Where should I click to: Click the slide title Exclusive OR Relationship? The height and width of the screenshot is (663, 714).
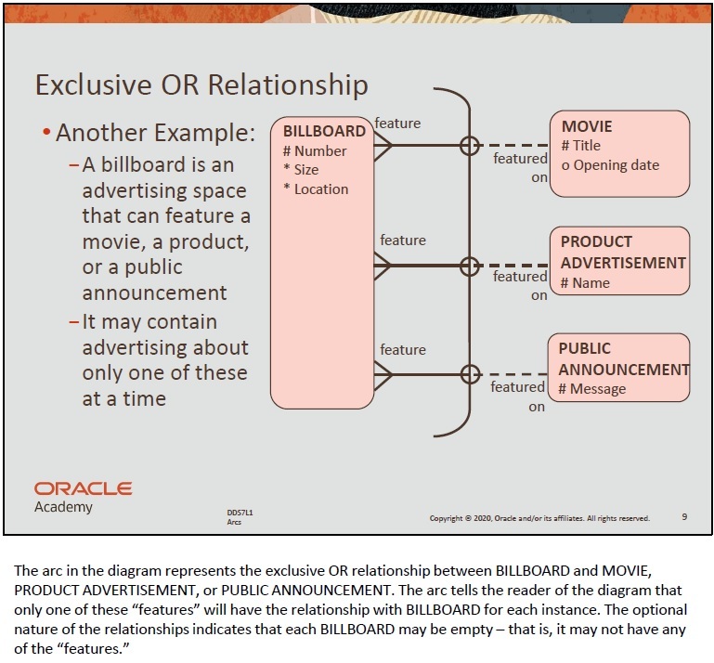[201, 84]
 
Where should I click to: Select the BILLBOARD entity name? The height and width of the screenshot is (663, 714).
[324, 131]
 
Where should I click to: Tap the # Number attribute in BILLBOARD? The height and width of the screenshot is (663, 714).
[315, 150]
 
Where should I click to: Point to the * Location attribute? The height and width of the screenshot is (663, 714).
[316, 188]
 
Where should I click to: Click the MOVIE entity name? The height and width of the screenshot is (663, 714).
[587, 126]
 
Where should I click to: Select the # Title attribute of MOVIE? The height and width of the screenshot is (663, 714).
[581, 146]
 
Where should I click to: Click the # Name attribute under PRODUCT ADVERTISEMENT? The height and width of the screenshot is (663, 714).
[585, 282]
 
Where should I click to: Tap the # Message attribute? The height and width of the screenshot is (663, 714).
[592, 389]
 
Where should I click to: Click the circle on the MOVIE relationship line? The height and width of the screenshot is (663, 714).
[470, 145]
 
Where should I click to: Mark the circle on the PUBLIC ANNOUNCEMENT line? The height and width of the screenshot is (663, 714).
[470, 374]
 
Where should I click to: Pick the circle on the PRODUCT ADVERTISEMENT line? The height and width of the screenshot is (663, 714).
[470, 265]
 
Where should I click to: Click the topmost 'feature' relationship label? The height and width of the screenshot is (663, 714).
[397, 123]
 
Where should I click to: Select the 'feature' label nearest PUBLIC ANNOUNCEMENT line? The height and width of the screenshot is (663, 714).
[403, 349]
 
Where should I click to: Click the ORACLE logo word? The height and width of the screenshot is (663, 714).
[84, 488]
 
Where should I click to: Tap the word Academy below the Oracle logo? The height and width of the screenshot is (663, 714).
[63, 507]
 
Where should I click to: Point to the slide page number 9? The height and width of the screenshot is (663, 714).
[684, 516]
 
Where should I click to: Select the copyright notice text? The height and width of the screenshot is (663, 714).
[539, 518]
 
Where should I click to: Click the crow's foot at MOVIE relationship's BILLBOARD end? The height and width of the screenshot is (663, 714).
[382, 145]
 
